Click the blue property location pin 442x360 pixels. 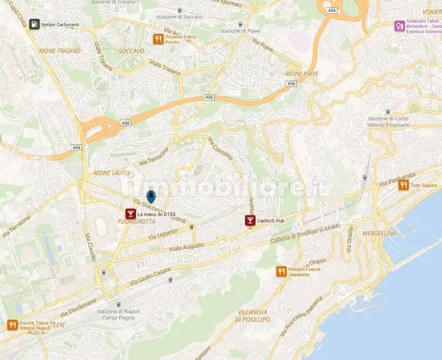coord(151,198)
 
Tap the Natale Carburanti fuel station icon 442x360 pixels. coord(34,24)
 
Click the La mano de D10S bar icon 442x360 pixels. coord(130,214)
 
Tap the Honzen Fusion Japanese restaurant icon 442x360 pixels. coord(282,271)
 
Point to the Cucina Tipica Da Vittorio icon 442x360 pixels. coord(12,325)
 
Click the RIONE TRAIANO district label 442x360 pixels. coord(60,51)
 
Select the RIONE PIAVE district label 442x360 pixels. coord(302,74)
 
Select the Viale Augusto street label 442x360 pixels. coord(186,246)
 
